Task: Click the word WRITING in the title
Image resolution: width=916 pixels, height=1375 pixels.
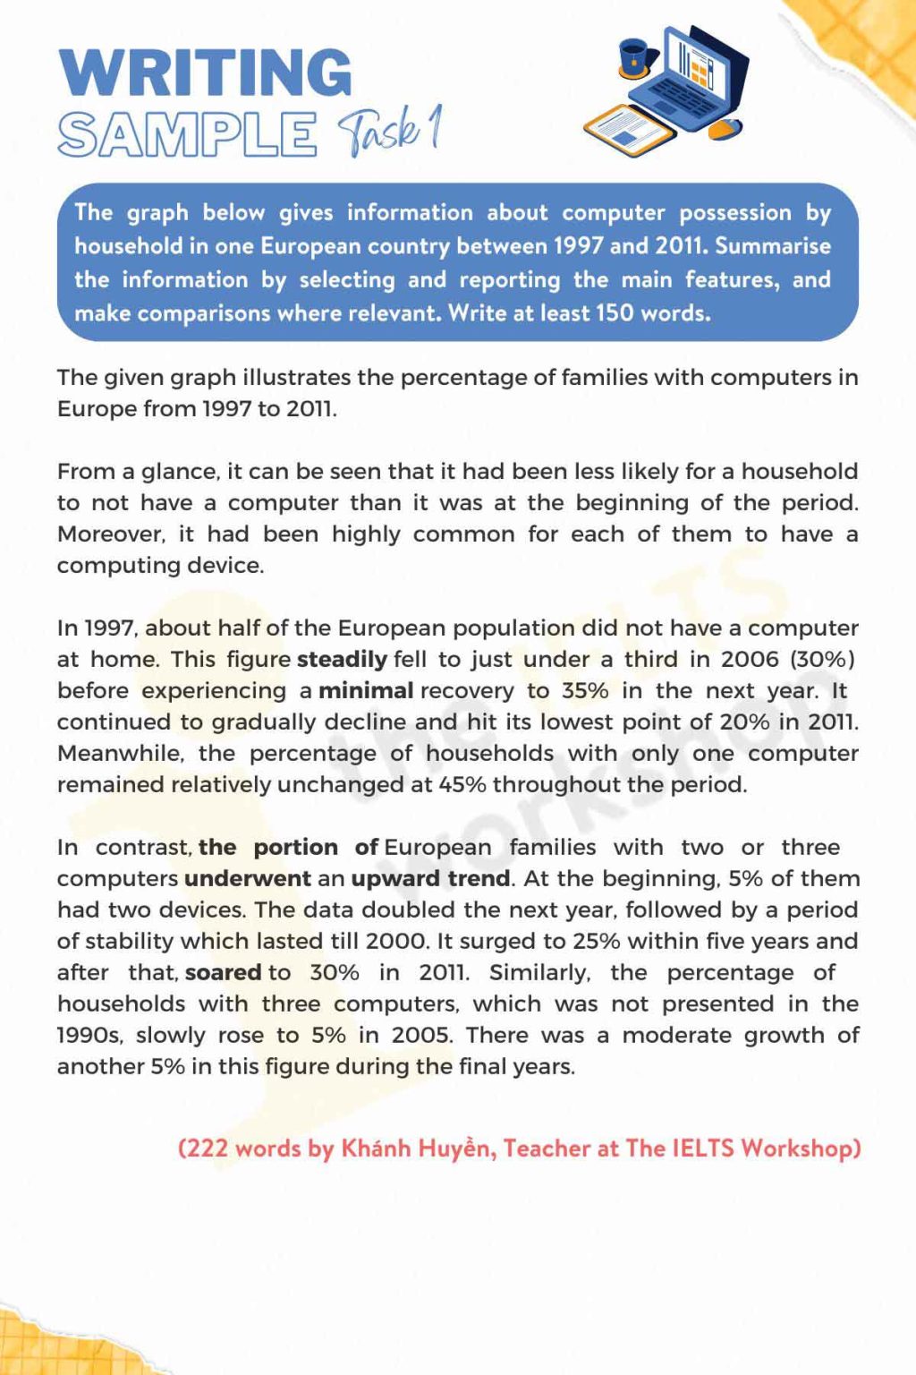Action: tap(205, 73)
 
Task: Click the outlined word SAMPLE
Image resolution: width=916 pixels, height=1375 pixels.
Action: tap(187, 135)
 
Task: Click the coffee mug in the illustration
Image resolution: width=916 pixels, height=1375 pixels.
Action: tap(634, 56)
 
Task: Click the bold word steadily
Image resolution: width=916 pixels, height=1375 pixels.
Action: tap(342, 660)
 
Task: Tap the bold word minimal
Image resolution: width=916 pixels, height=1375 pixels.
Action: tap(366, 691)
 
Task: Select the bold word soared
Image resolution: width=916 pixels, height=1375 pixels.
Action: tap(224, 973)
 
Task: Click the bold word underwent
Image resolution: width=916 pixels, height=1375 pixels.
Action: tap(247, 879)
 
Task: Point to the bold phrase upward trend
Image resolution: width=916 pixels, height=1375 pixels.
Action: tap(430, 879)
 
